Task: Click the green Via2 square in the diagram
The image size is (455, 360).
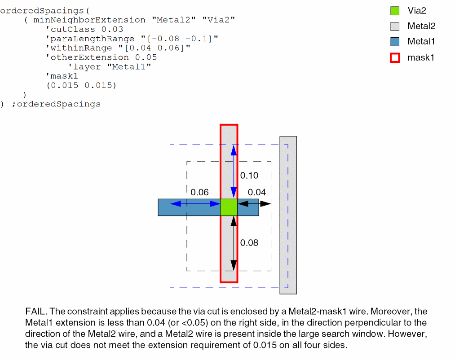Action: (x=229, y=207)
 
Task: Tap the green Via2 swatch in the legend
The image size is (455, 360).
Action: (x=395, y=11)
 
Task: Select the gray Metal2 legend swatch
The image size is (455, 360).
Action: (x=395, y=26)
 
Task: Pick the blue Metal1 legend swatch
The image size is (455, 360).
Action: (x=395, y=42)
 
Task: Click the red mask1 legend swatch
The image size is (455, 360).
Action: (x=395, y=57)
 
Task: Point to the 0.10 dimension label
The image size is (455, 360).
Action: (x=249, y=176)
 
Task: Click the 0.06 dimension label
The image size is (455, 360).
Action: (x=199, y=192)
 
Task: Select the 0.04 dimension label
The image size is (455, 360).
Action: (x=256, y=192)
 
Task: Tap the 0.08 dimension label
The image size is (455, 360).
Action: (x=249, y=243)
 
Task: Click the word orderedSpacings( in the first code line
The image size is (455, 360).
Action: (x=42, y=10)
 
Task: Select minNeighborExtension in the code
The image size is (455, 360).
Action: (x=89, y=20)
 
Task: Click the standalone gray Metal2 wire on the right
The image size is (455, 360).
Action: (x=288, y=215)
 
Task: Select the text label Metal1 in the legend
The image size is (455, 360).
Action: (x=421, y=42)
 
